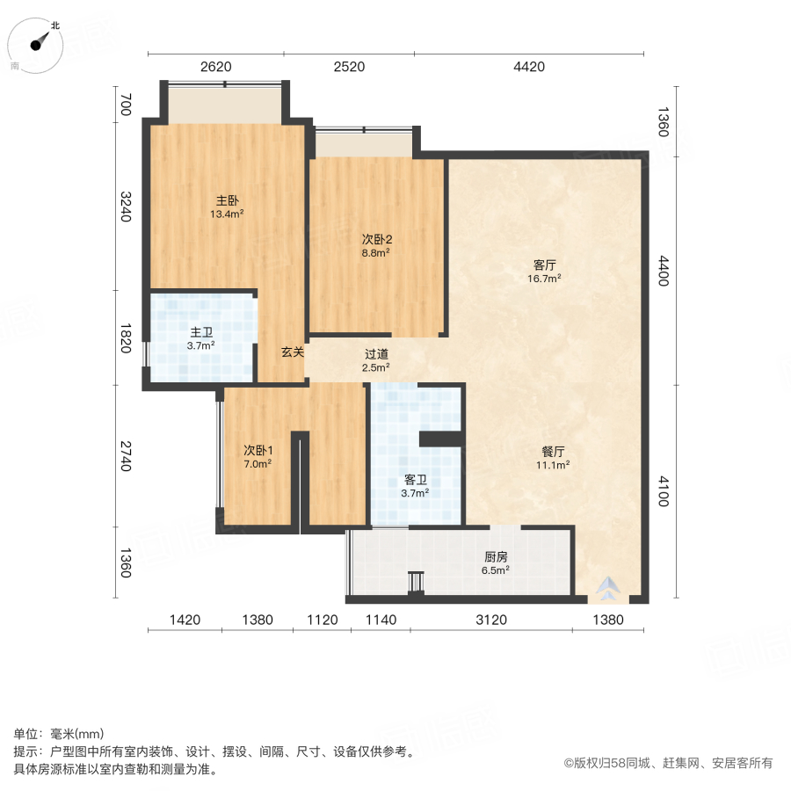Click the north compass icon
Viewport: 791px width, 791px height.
(38, 44)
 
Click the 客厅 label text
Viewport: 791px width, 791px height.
(546, 264)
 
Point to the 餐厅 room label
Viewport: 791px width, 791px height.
(554, 453)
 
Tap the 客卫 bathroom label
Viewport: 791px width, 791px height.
(416, 480)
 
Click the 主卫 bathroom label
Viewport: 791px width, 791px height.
(201, 332)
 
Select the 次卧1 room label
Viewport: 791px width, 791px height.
(258, 450)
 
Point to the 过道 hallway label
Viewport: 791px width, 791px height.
(377, 354)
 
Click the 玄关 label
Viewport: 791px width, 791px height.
(293, 352)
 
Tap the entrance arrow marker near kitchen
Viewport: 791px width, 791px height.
(610, 588)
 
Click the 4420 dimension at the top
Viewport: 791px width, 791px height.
(529, 67)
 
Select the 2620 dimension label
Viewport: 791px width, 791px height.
(214, 67)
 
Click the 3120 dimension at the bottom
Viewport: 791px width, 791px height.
(491, 620)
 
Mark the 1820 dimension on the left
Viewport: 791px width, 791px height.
(125, 338)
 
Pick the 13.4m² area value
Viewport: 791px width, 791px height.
(227, 214)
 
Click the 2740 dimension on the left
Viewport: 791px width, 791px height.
(125, 456)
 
